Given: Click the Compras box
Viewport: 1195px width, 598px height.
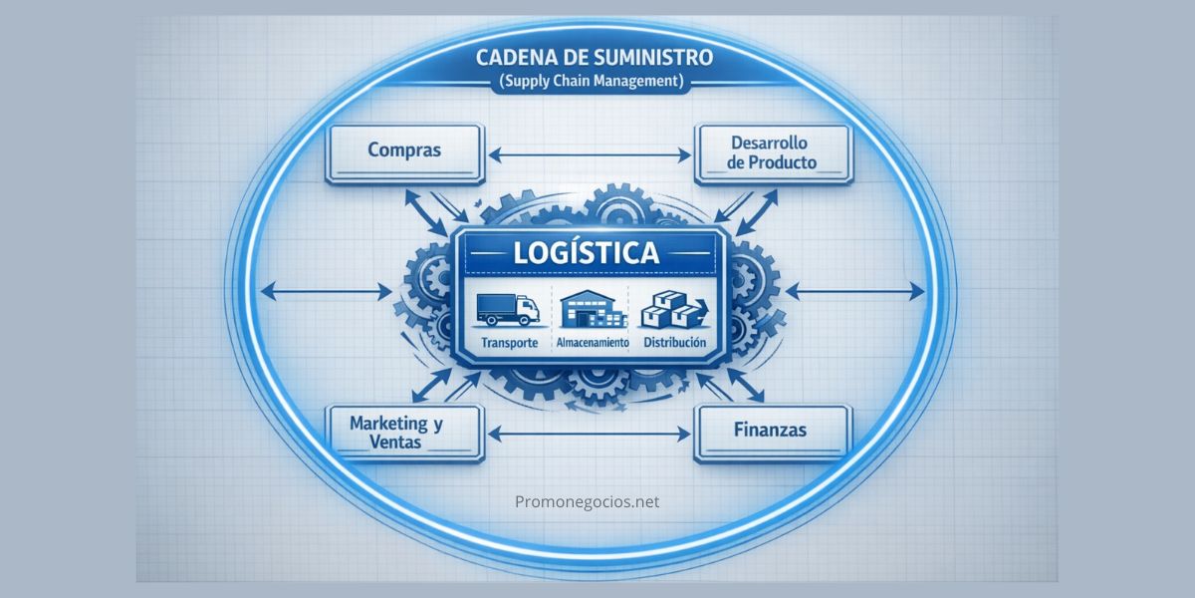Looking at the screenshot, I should pyautogui.click(x=404, y=153).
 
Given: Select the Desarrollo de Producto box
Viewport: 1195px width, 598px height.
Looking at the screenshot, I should pyautogui.click(x=772, y=153).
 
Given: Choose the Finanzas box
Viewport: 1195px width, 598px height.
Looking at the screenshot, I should pyautogui.click(x=773, y=433).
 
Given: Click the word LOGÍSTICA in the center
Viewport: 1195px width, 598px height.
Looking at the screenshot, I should pyautogui.click(x=587, y=253).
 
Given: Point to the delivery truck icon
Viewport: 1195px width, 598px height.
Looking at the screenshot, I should pyautogui.click(x=508, y=309).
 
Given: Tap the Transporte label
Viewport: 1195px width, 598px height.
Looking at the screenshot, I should pyautogui.click(x=509, y=343).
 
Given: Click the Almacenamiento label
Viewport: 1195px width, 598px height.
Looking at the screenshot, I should pyautogui.click(x=591, y=343).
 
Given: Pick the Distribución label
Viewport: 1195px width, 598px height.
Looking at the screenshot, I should pyautogui.click(x=674, y=342).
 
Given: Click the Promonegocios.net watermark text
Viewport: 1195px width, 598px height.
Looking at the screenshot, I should pyautogui.click(x=588, y=502).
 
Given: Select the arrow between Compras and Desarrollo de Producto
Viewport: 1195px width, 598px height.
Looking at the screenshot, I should pyautogui.click(x=592, y=154).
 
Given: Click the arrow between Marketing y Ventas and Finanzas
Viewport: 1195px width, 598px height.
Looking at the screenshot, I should pyautogui.click(x=592, y=434).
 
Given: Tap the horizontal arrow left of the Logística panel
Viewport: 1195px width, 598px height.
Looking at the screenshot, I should pyautogui.click(x=325, y=292).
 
